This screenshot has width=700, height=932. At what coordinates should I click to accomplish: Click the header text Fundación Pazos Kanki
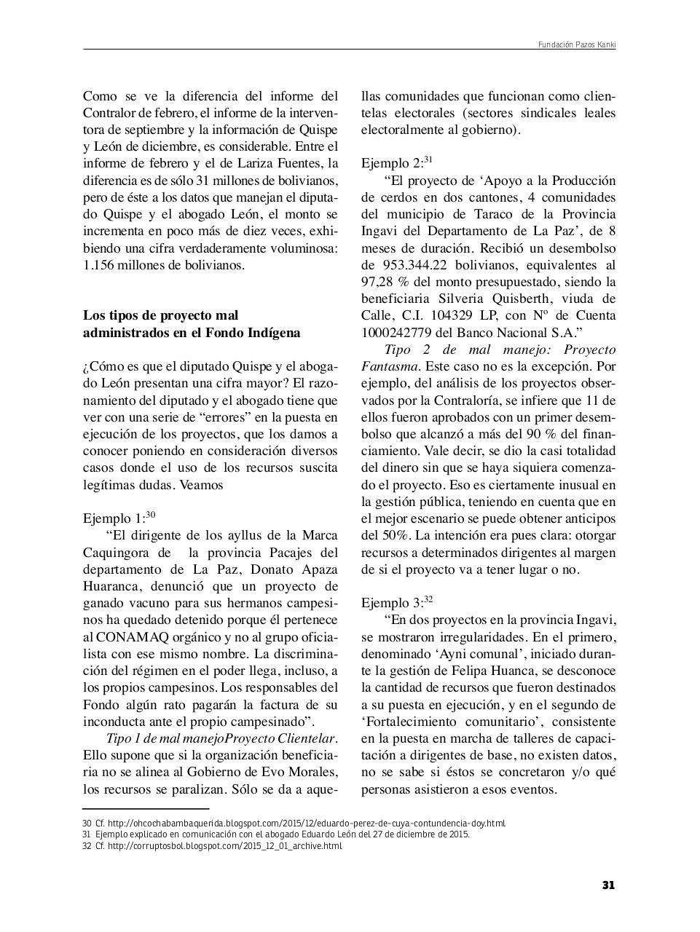tap(576, 44)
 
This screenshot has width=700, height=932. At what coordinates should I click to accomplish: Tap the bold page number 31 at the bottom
tap(608, 885)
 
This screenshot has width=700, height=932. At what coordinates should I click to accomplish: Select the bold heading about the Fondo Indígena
tap(192, 324)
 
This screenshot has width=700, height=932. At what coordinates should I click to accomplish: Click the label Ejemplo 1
tap(113, 518)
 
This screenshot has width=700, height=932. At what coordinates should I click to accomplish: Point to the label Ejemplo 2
tap(391, 164)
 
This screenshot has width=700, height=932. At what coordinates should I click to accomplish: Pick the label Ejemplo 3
tap(391, 603)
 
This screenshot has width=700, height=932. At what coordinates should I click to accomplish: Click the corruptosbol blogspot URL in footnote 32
tap(224, 846)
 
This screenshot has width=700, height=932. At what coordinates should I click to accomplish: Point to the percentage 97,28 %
tap(390, 282)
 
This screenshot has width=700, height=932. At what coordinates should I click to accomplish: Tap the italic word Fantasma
tap(390, 366)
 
